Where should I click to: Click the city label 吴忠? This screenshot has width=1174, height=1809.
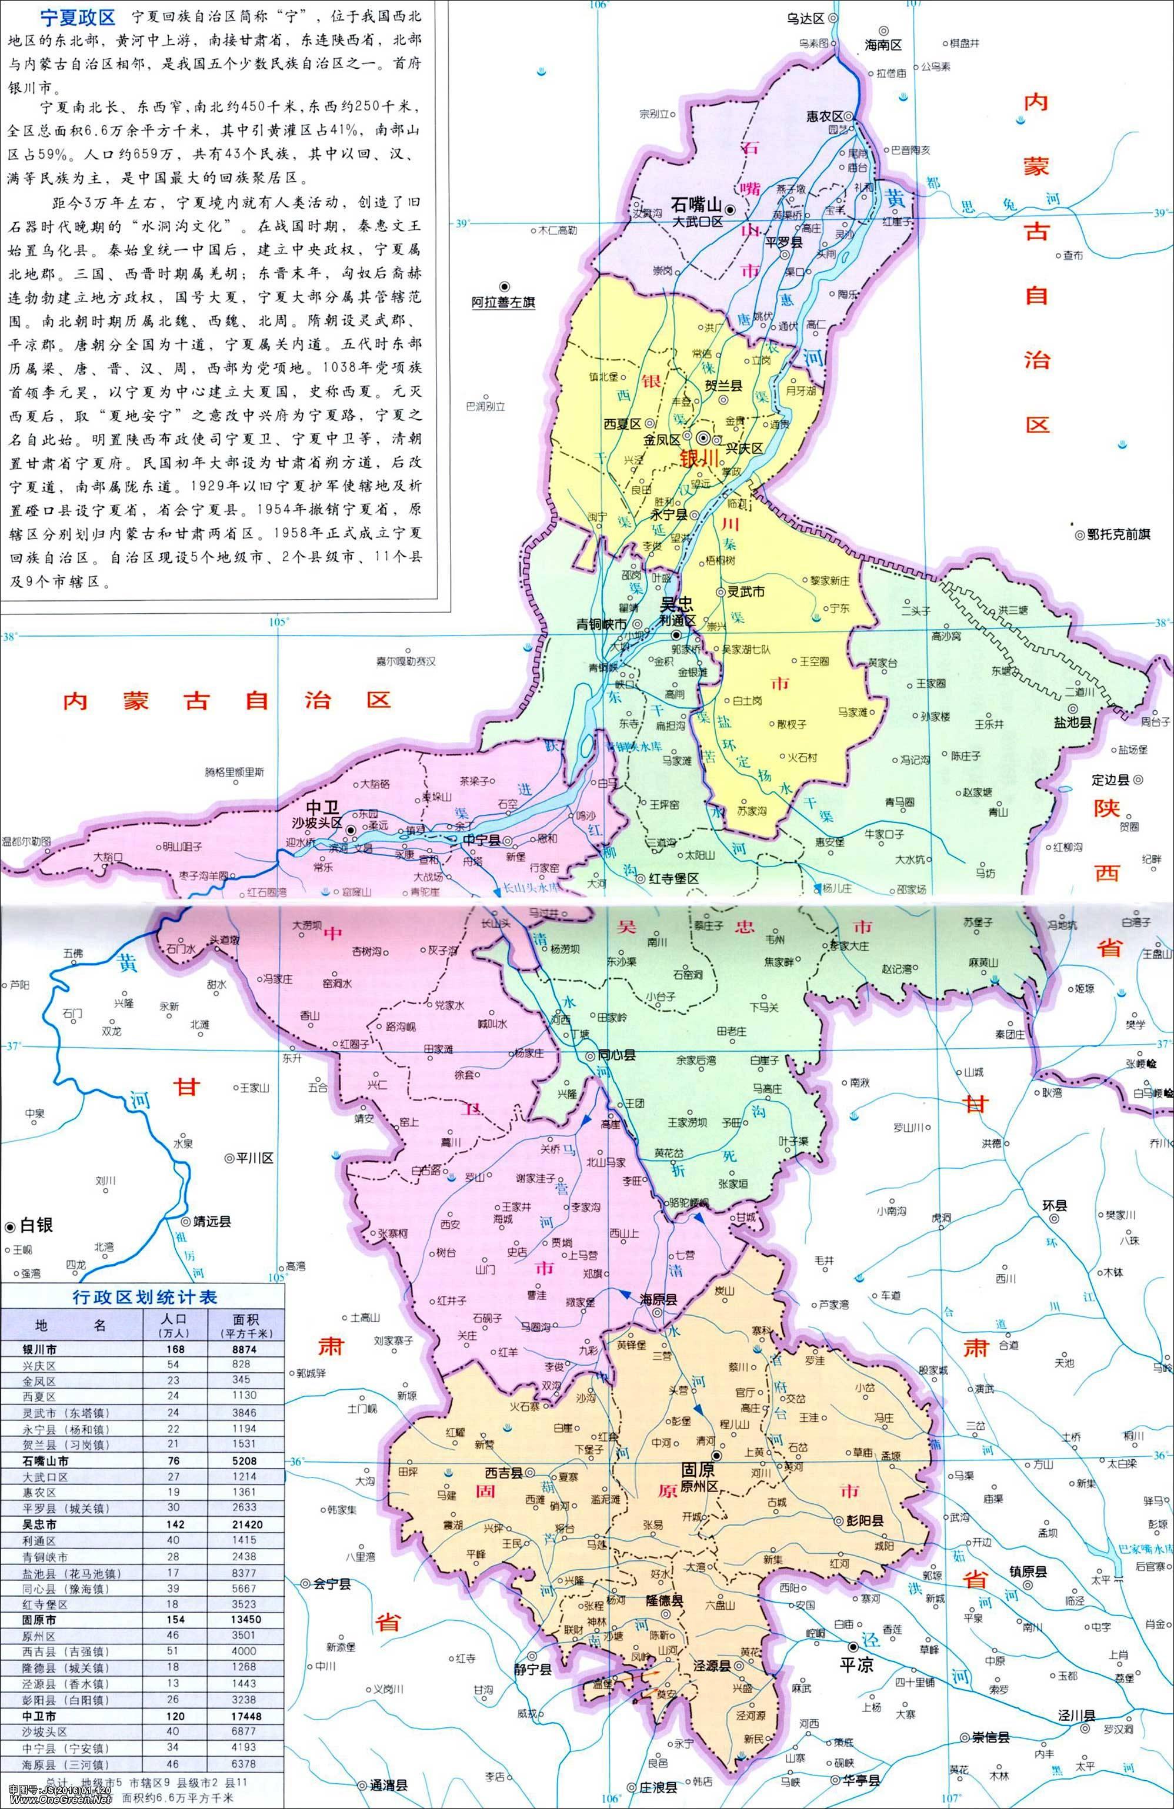coord(678,604)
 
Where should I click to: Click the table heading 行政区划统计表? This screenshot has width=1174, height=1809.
coord(145,1297)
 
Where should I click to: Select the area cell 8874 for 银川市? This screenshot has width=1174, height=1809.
coord(244,1349)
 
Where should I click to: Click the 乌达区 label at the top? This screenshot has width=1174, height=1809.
coord(808,18)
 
